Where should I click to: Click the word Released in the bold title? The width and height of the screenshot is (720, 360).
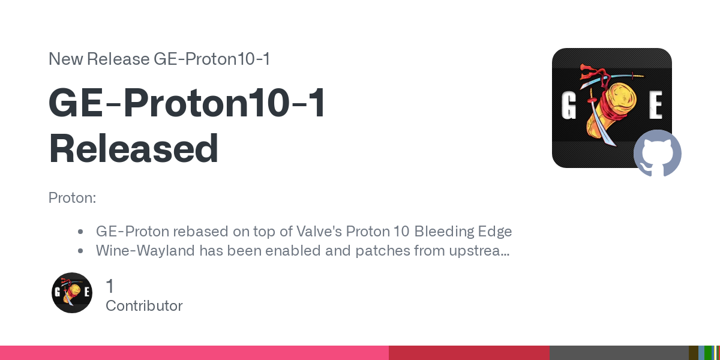pyautogui.click(x=133, y=149)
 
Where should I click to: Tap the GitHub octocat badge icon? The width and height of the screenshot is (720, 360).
pyautogui.click(x=658, y=154)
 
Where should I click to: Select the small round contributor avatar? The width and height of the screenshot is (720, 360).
pyautogui.click(x=71, y=293)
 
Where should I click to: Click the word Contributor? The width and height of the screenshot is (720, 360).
pyautogui.click(x=144, y=305)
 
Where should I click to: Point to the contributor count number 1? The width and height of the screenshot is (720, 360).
pyautogui.click(x=110, y=286)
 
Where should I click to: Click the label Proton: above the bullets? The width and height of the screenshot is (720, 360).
pyautogui.click(x=73, y=197)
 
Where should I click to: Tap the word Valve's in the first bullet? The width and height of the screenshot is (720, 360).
pyautogui.click(x=319, y=231)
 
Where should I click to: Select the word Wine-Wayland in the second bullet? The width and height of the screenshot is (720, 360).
pyautogui.click(x=145, y=250)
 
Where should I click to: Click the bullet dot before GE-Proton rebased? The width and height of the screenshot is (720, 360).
pyautogui.click(x=80, y=232)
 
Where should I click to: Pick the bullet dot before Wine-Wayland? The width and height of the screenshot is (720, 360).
pyautogui.click(x=80, y=251)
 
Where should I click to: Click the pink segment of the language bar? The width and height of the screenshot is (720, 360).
pyautogui.click(x=194, y=353)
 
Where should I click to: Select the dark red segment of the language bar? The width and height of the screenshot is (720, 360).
pyautogui.click(x=469, y=353)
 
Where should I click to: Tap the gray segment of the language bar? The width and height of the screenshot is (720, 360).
pyautogui.click(x=619, y=353)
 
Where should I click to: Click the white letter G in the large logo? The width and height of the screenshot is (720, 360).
pyautogui.click(x=569, y=105)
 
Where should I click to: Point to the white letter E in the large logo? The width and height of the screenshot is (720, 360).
pyautogui.click(x=655, y=105)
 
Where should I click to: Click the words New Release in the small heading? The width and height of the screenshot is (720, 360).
pyautogui.click(x=99, y=59)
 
